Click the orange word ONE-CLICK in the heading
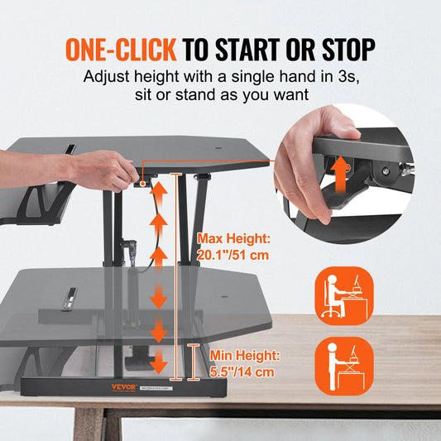point(121,50)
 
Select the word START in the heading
point(252,50)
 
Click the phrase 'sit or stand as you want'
point(221,95)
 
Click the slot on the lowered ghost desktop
point(71,295)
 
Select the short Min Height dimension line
point(194,362)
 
